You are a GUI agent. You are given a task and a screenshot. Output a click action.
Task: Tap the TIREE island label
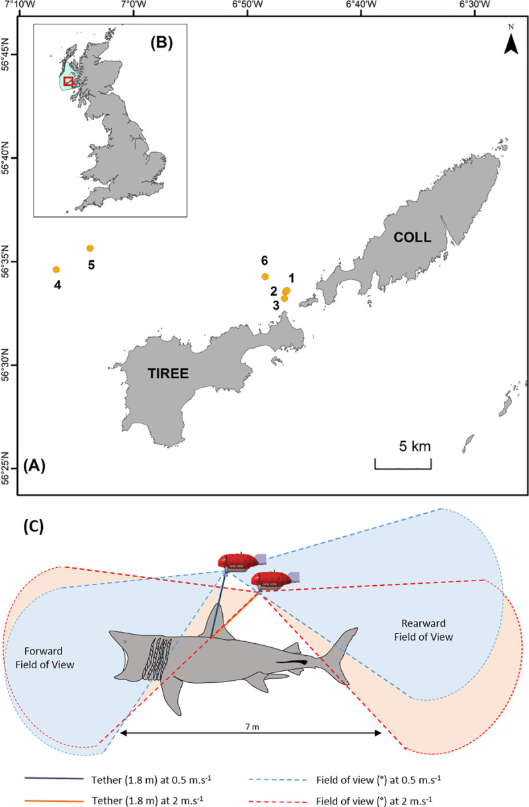pyautogui.click(x=168, y=374)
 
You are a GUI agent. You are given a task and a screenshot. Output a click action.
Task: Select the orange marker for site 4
pyautogui.click(x=56, y=269)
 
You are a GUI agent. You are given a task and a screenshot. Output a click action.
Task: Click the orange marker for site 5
pyautogui.click(x=90, y=248)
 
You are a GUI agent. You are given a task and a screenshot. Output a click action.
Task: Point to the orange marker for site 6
pyautogui.click(x=265, y=277)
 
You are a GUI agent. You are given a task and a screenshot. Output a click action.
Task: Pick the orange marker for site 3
pyautogui.click(x=284, y=298)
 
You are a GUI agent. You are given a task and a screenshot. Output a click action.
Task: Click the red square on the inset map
pyautogui.click(x=68, y=81)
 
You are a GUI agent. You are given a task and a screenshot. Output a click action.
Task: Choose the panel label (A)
pyautogui.click(x=34, y=466)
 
